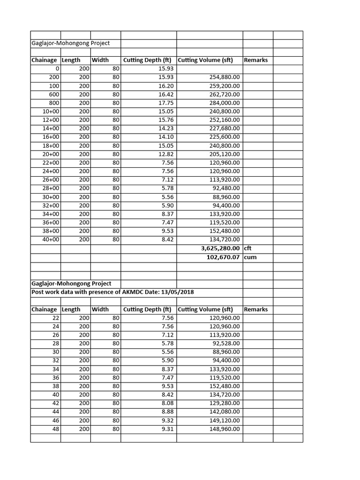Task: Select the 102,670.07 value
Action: (223, 257)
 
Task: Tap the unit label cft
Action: (248, 248)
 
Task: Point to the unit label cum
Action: (250, 257)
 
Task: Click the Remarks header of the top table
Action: (255, 60)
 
